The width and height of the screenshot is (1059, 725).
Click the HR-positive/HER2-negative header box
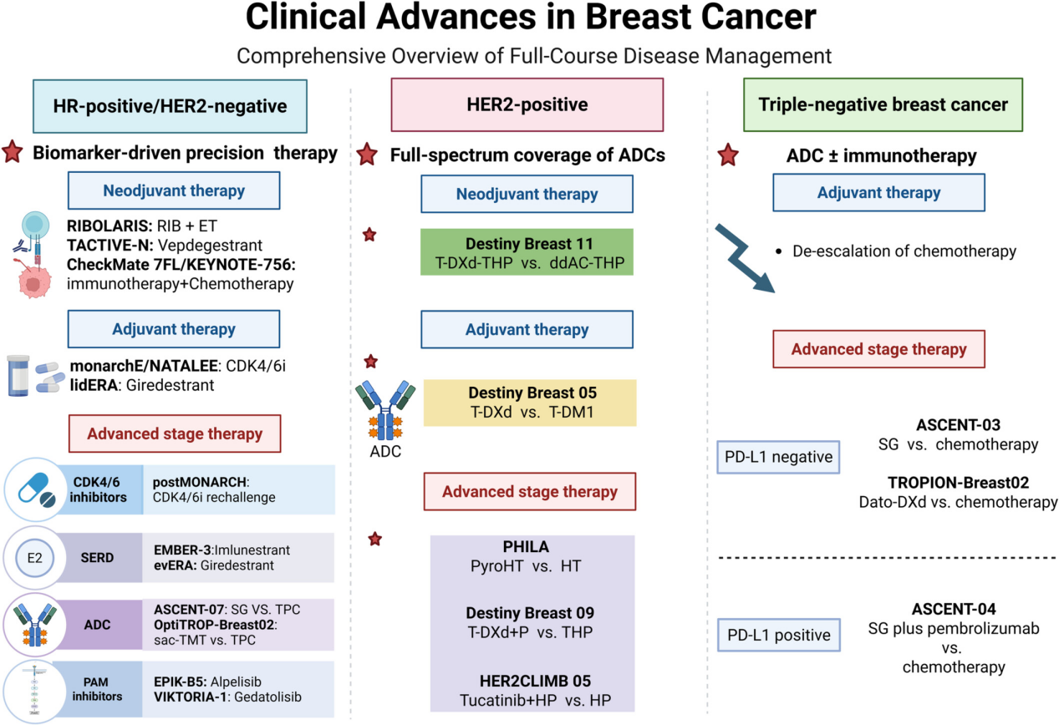click(170, 106)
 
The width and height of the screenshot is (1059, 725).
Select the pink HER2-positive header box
click(527, 104)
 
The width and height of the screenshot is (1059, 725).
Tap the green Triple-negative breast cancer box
click(883, 104)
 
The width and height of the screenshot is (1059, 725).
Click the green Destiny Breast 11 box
click(527, 252)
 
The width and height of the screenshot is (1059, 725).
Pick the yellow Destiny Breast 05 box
click(530, 403)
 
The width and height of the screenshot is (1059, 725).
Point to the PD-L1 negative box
click(778, 457)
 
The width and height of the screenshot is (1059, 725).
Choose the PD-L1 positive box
click(779, 635)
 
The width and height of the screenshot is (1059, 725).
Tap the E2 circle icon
click(34, 558)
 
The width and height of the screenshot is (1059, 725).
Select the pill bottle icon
click(18, 376)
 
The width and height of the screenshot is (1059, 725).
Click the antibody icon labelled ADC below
click(385, 410)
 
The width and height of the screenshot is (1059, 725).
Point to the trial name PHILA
click(526, 546)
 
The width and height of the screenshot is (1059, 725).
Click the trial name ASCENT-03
click(959, 425)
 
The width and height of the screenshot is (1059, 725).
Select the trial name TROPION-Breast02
click(959, 482)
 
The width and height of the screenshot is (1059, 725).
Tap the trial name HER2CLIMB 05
click(535, 681)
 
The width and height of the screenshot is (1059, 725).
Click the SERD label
click(97, 558)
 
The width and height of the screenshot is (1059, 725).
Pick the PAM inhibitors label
click(97, 689)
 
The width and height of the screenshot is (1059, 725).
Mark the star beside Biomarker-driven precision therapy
click(13, 152)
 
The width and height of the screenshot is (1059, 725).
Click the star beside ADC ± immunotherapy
click(728, 155)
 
